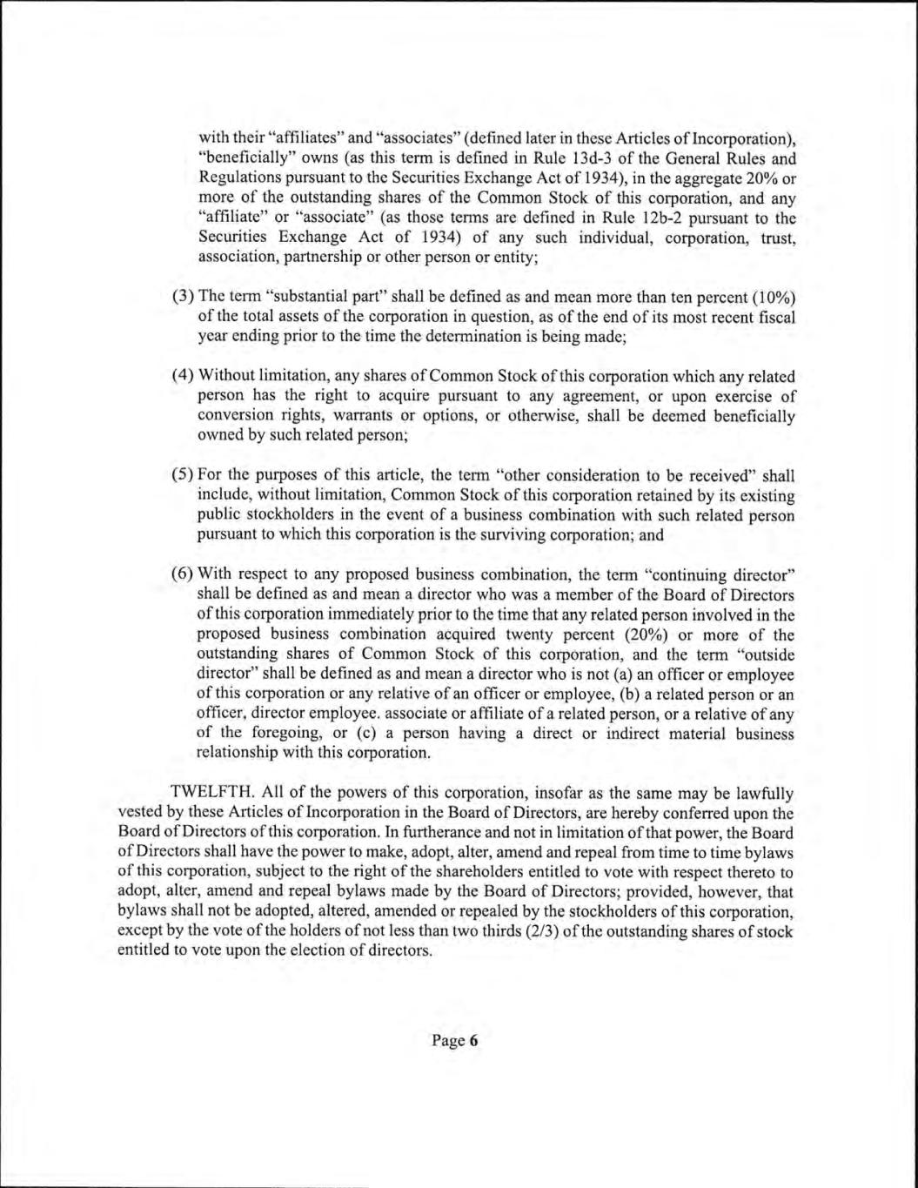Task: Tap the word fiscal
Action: pyautogui.click(x=774, y=319)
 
